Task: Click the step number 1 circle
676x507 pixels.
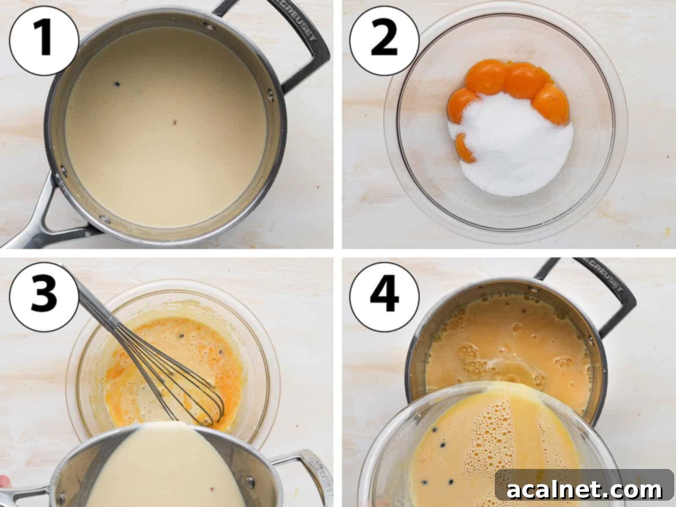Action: [x=44, y=41]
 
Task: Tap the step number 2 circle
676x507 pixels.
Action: [x=384, y=41]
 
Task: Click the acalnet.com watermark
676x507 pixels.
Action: [x=584, y=490]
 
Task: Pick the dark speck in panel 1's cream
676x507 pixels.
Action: [x=117, y=84]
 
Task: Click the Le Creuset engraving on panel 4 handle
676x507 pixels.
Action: [x=604, y=275]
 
